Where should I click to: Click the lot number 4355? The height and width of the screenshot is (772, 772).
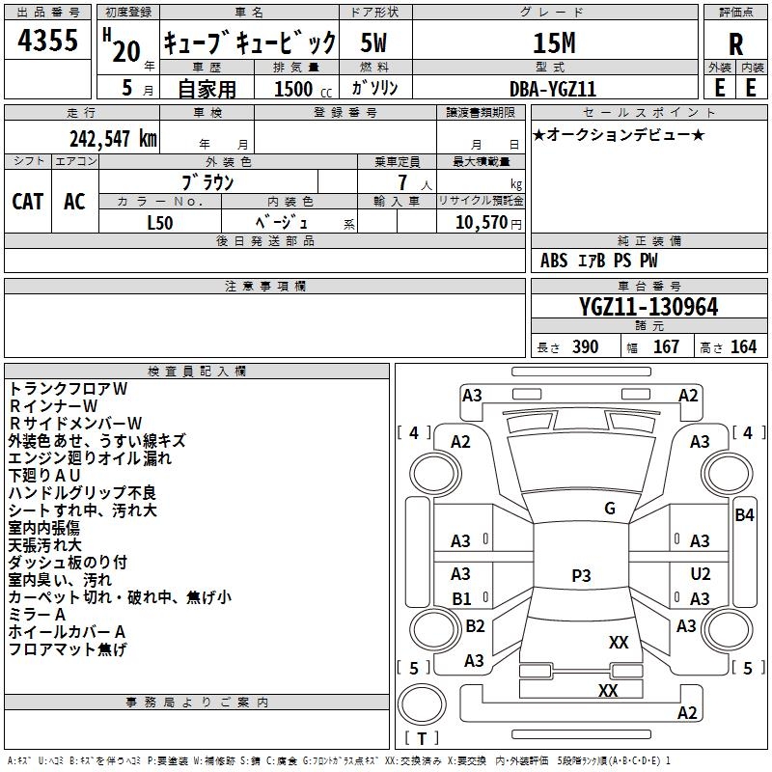pyautogui.click(x=48, y=43)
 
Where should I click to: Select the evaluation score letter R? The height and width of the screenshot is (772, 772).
pyautogui.click(x=735, y=43)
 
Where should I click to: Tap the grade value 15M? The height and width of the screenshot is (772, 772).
pyautogui.click(x=554, y=43)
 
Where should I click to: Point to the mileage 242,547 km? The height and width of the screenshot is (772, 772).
pyautogui.click(x=113, y=138)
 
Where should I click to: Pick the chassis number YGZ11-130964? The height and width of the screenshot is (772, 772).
pyautogui.click(x=648, y=307)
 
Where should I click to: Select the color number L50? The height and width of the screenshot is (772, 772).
pyautogui.click(x=160, y=221)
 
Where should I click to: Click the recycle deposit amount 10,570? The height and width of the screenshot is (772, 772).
pyautogui.click(x=480, y=221)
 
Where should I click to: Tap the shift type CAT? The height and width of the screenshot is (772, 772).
pyautogui.click(x=27, y=201)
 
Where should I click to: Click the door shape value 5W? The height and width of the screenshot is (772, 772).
pyautogui.click(x=377, y=43)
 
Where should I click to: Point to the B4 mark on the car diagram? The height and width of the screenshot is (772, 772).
pyautogui.click(x=744, y=515)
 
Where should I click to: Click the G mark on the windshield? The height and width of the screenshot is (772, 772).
pyautogui.click(x=610, y=509)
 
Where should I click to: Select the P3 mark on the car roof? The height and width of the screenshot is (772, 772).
pyautogui.click(x=581, y=576)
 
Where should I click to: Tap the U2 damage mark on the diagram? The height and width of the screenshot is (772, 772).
pyautogui.click(x=700, y=574)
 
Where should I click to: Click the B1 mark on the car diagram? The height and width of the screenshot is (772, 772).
pyautogui.click(x=461, y=598)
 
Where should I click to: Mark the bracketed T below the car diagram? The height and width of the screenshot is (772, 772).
pyautogui.click(x=422, y=739)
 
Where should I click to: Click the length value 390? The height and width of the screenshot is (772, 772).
pyautogui.click(x=584, y=346)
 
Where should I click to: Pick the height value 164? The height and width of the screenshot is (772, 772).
pyautogui.click(x=743, y=346)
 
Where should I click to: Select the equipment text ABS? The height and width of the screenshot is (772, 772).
pyautogui.click(x=554, y=261)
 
